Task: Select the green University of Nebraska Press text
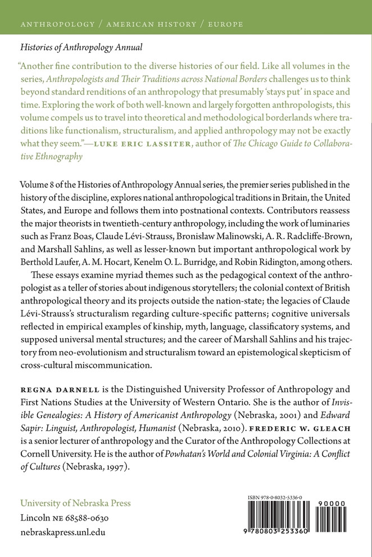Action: coord(75,503)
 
